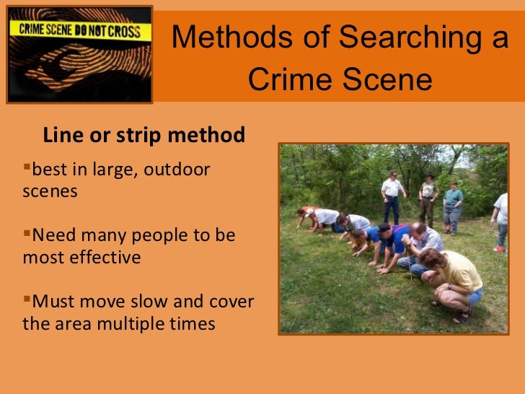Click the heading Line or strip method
144,135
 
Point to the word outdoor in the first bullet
180,170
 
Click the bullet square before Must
28,298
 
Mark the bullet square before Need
28,233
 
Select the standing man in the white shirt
392,196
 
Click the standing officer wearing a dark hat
428,198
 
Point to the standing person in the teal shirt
454,204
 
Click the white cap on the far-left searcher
308,213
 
